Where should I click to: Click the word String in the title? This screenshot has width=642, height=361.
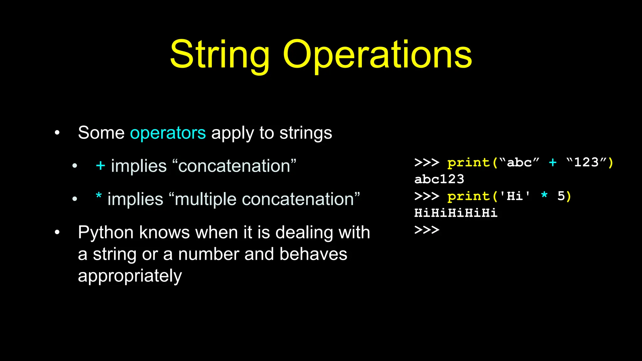tap(219, 55)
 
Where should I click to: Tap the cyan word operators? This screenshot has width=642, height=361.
tap(168, 133)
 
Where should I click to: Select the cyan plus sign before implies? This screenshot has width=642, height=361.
tap(100, 165)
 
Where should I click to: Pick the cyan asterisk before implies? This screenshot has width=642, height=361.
tap(99, 196)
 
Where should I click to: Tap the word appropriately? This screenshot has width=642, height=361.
tap(130, 276)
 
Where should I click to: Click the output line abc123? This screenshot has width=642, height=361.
tap(439, 179)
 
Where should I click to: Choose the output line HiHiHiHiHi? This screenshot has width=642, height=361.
tap(456, 213)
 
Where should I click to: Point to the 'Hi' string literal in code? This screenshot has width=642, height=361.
tap(514, 196)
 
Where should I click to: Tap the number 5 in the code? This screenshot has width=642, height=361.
tap(561, 196)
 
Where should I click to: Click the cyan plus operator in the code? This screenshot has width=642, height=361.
tap(553, 162)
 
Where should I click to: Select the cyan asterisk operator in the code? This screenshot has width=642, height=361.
tap(545, 196)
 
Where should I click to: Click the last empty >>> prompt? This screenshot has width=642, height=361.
tap(427, 230)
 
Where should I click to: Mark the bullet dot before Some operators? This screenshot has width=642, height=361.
tap(57, 133)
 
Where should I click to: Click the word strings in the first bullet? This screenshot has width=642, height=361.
tap(306, 133)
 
